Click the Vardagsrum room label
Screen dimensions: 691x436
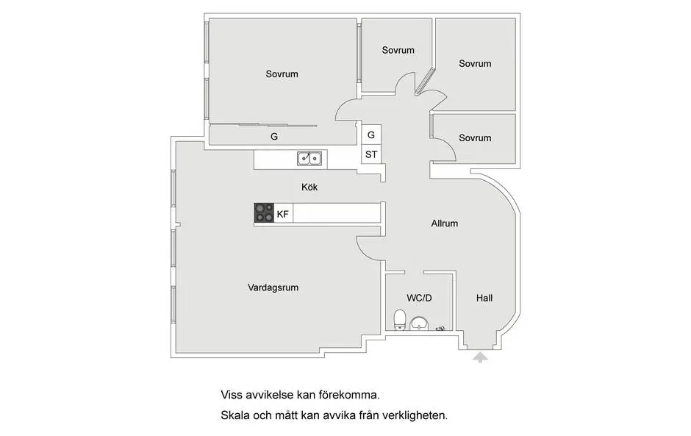pos(273,288)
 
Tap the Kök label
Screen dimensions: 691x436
pos(309,187)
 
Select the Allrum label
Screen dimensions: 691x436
pos(444,224)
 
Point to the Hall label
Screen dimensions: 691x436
pos(484,298)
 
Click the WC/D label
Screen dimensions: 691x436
pos(419,298)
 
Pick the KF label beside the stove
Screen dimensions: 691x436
pos(282,214)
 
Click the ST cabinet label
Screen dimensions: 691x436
pos(371,154)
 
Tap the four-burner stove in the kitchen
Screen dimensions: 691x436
pos(264,213)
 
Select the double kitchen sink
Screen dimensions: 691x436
pos(309,158)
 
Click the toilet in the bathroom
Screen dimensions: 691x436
pos(400,320)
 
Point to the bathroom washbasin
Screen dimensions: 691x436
pos(419,324)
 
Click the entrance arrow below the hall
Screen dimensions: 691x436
pos(480,357)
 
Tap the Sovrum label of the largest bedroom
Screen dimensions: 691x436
pos(282,74)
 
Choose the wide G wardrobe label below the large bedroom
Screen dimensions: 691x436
pos(274,137)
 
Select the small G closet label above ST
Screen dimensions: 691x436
pos(371,135)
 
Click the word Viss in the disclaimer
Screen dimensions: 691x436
pos(232,395)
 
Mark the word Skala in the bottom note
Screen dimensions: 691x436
pos(235,415)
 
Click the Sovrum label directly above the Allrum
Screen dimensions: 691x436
pos(475,138)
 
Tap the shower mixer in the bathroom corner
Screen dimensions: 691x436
pos(440,329)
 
